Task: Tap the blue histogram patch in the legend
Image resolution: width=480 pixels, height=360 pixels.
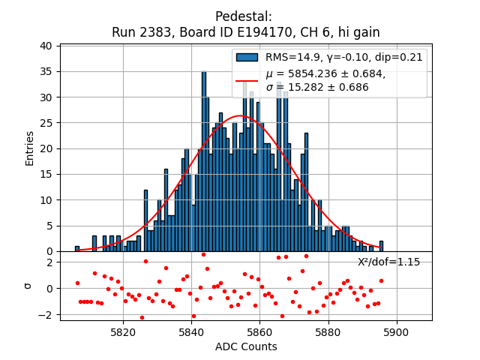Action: (x=247, y=57)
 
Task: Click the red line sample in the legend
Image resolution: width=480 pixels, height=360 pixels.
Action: (x=247, y=79)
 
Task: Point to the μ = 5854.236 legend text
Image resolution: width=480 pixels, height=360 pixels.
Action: (x=325, y=73)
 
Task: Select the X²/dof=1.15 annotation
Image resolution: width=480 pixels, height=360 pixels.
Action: (x=388, y=262)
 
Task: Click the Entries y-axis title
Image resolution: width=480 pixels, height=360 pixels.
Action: (x=30, y=148)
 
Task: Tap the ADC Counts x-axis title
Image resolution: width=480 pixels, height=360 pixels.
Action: (x=246, y=346)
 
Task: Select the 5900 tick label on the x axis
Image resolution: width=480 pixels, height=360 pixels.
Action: (x=396, y=331)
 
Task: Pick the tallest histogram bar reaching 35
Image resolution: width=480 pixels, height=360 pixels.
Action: (x=204, y=161)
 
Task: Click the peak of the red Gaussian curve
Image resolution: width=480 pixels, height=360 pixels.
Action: (x=241, y=115)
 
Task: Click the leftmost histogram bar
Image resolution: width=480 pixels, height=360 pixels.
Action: (x=77, y=248)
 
